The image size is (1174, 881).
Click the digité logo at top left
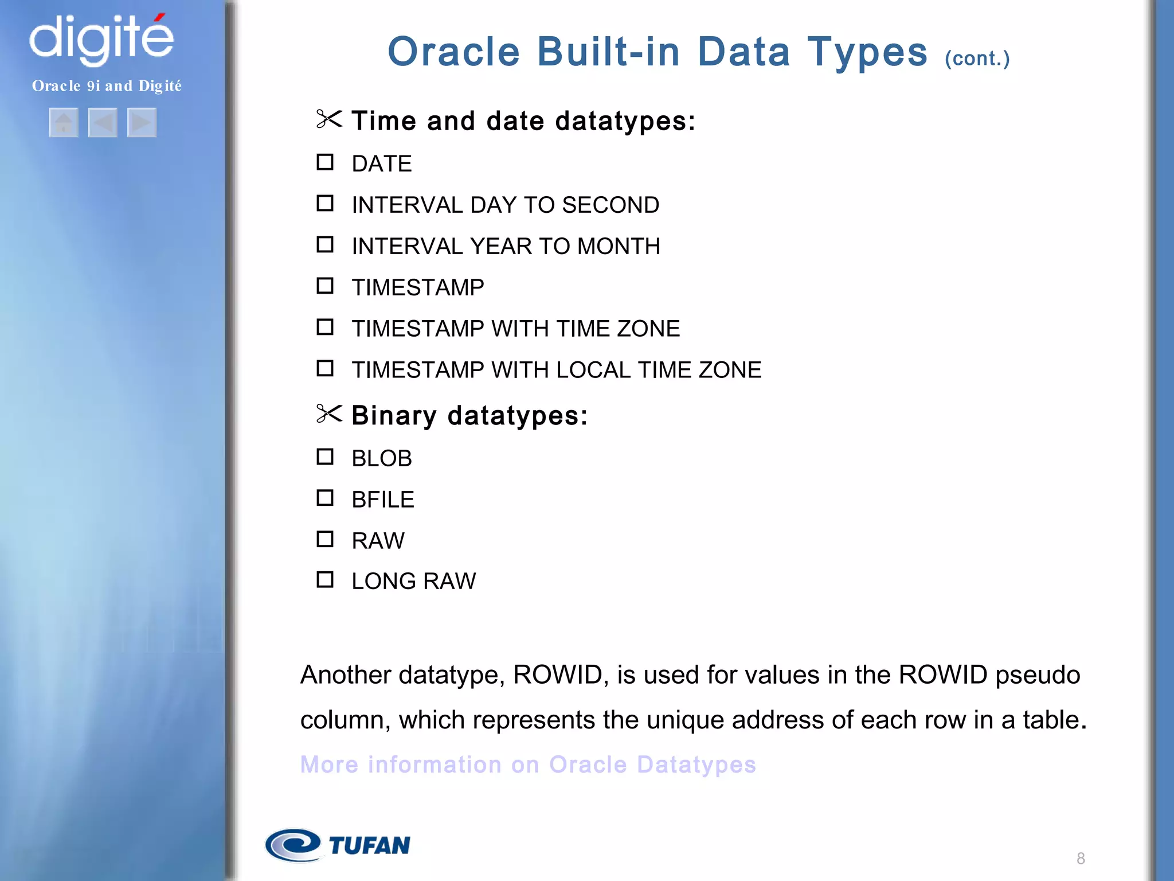tap(101, 38)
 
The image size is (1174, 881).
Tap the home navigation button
tap(64, 122)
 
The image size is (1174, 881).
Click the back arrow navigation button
tap(103, 122)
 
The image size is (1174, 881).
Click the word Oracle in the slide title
tap(453, 52)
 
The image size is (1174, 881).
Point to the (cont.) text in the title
tap(977, 59)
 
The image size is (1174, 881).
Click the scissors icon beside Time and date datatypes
tap(329, 119)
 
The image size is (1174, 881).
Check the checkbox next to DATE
tap(325, 162)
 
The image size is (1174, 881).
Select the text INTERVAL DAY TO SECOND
tap(505, 205)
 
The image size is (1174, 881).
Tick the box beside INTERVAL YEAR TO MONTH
tap(325, 245)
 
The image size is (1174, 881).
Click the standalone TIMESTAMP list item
tap(418, 287)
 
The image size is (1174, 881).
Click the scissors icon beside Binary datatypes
tap(329, 414)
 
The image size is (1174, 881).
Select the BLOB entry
tap(382, 458)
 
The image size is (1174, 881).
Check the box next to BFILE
tap(325, 498)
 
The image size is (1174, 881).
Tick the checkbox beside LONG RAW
tap(325, 580)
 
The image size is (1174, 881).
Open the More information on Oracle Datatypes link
tap(528, 765)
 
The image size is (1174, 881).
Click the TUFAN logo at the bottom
tap(338, 845)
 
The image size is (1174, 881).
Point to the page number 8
tap(1081, 859)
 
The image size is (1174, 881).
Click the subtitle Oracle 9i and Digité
tap(107, 86)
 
